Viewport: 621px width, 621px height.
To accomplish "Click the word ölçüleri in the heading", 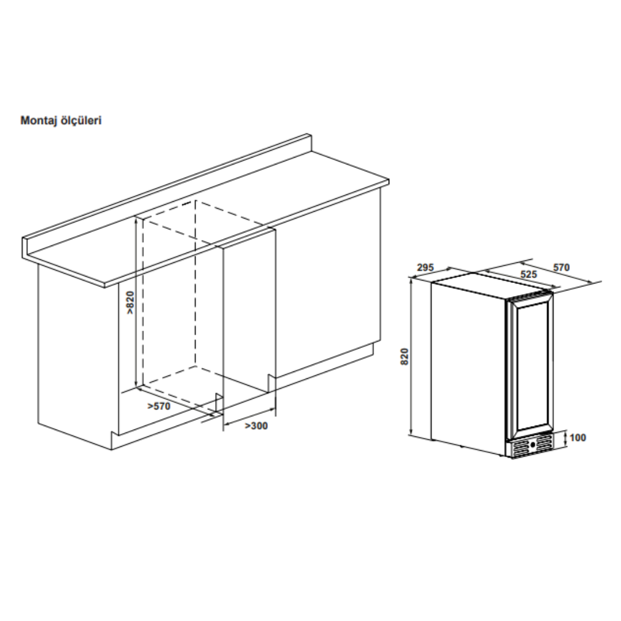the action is [81, 120].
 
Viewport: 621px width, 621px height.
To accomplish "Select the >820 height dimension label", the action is [131, 303].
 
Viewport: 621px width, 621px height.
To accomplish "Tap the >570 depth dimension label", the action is [159, 406].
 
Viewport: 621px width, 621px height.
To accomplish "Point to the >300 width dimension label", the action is [256, 425].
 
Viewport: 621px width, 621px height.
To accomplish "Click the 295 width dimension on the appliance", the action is [425, 268].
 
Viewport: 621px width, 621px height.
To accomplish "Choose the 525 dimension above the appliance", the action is [529, 274].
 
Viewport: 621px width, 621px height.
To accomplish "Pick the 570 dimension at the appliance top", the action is [561, 267].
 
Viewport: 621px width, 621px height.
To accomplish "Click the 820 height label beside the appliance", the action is [404, 356].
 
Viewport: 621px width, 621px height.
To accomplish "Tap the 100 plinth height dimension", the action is [578, 438].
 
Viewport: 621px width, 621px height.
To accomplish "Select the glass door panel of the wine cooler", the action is [530, 367].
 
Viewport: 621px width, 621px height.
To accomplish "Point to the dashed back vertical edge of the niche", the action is [195, 283].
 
